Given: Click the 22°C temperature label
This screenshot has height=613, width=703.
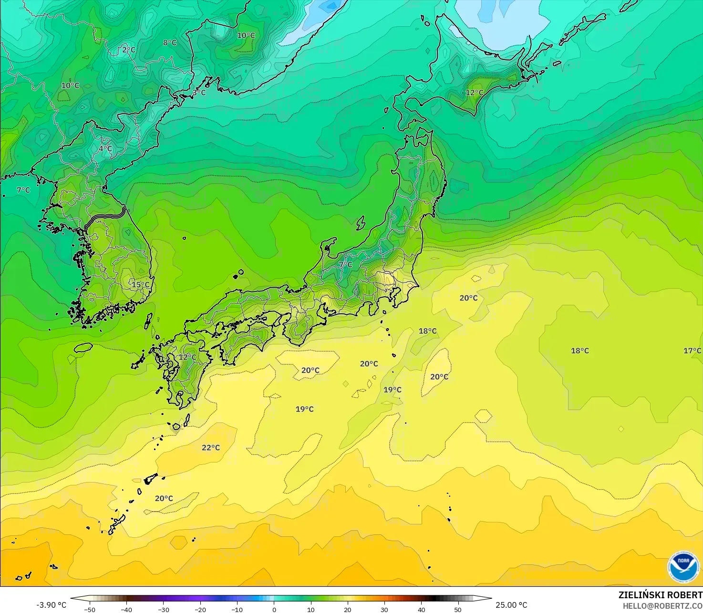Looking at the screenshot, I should click(x=211, y=448).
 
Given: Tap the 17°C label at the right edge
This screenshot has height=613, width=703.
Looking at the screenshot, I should click(x=692, y=351).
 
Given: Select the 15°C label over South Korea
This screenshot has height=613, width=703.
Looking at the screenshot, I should click(x=141, y=285).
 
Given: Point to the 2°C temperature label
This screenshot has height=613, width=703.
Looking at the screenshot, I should click(x=129, y=50).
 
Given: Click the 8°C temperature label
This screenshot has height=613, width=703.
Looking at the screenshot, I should click(x=170, y=43).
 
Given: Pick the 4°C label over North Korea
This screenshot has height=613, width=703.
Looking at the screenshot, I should click(x=105, y=149).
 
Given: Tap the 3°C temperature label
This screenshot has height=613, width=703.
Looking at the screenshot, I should click(x=199, y=93).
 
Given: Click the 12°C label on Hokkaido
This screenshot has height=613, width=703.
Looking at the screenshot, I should click(x=474, y=93).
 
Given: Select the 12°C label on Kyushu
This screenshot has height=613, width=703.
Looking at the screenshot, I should click(x=187, y=357).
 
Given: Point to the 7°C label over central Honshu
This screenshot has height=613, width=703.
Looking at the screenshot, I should click(x=345, y=265).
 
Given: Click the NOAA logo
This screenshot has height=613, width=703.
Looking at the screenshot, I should click(x=683, y=567).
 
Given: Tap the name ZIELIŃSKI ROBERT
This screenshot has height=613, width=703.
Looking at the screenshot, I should click(x=660, y=595).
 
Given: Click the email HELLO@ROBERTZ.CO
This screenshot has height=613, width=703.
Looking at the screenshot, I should click(x=662, y=606).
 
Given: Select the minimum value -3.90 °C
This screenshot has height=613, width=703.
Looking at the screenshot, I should click(x=52, y=605).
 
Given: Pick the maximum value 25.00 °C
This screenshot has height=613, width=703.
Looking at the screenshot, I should click(x=511, y=605).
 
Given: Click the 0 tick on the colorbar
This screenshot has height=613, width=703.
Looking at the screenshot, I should click(x=274, y=610).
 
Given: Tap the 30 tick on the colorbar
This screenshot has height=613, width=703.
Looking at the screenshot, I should click(x=384, y=610).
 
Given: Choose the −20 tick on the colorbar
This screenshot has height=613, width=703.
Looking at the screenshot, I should click(x=200, y=610).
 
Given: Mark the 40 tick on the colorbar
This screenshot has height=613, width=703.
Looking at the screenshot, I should click(x=422, y=610).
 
